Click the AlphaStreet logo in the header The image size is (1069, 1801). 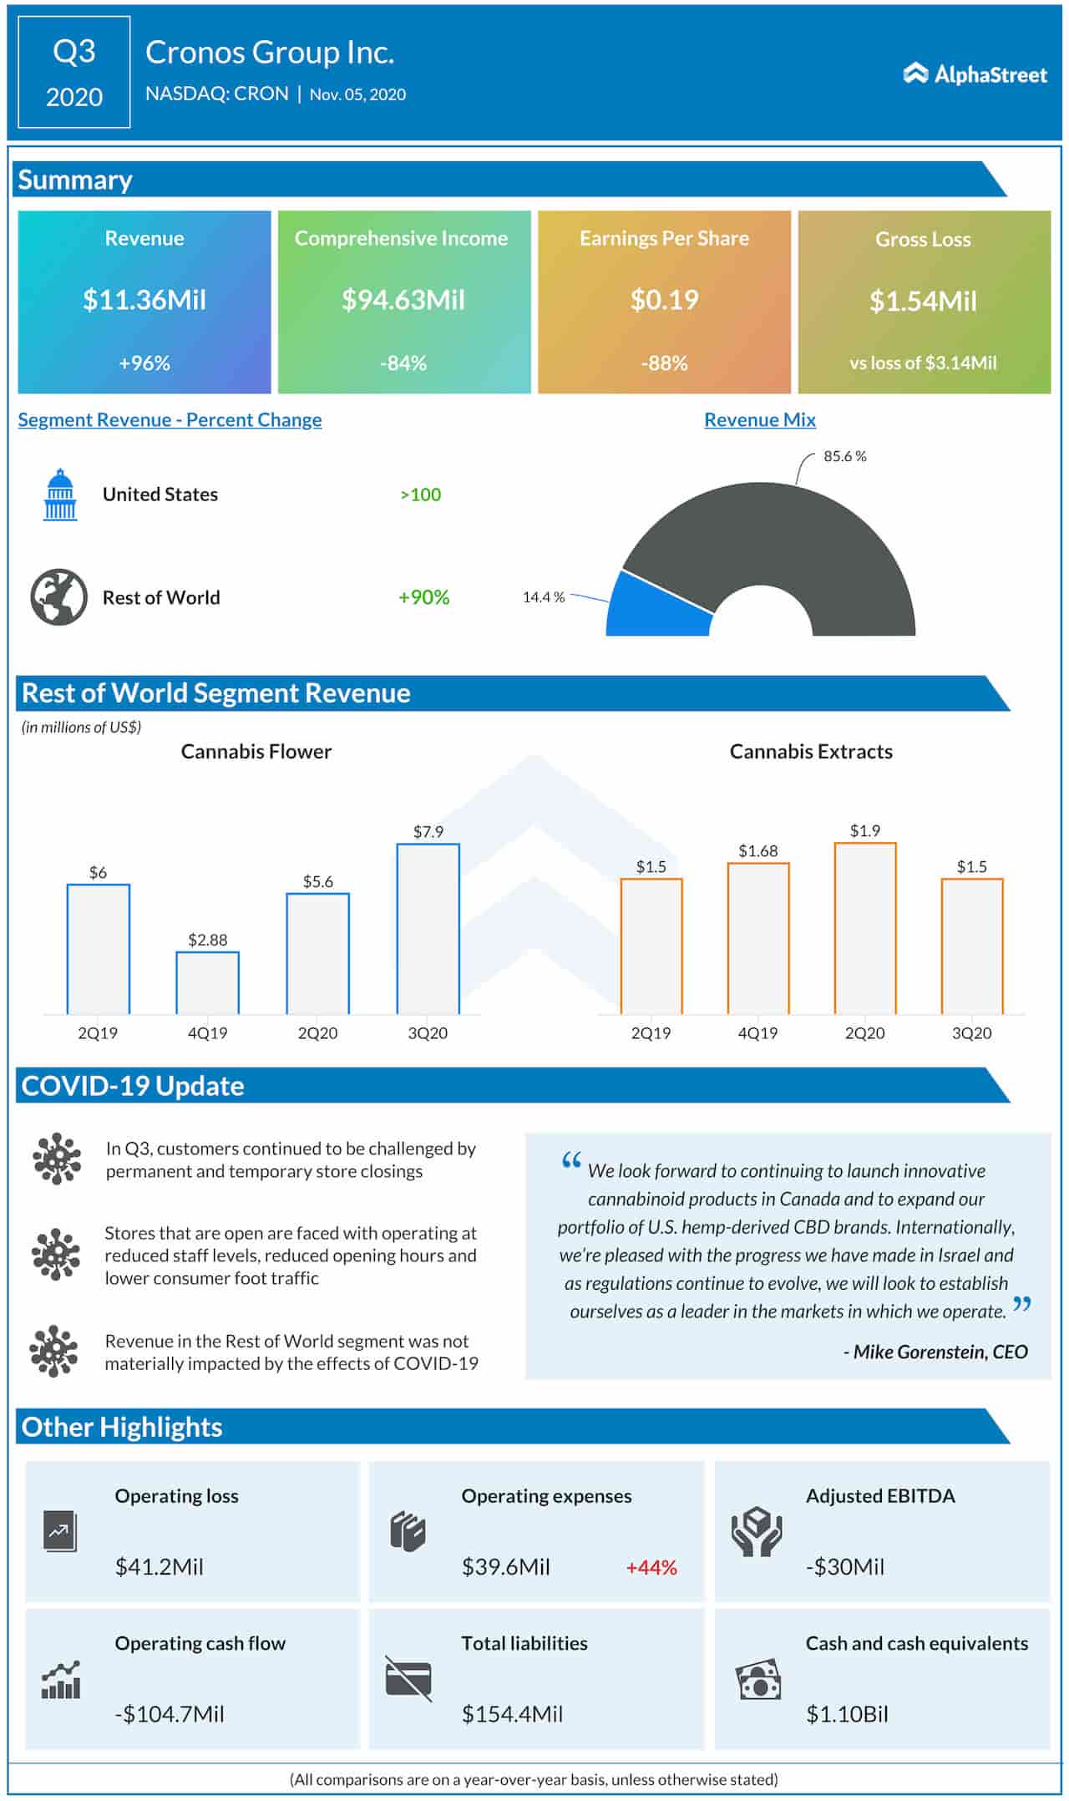(975, 74)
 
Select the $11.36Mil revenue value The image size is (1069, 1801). (144, 300)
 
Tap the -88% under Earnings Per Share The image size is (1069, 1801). (664, 363)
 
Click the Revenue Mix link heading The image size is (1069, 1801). (759, 419)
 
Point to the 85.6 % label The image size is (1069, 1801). (844, 457)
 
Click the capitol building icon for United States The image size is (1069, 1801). (60, 495)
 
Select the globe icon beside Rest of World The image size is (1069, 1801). (59, 597)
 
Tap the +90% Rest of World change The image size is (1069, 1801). (423, 597)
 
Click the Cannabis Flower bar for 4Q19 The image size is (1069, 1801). (207, 982)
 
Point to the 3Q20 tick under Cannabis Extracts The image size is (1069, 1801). (971, 1033)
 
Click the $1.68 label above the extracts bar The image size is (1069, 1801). (757, 851)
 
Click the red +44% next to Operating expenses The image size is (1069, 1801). (651, 1567)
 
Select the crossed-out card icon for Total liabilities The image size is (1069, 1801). (408, 1677)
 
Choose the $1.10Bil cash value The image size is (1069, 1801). (847, 1714)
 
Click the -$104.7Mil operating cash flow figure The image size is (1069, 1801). (170, 1714)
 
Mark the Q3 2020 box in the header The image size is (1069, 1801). (74, 74)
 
